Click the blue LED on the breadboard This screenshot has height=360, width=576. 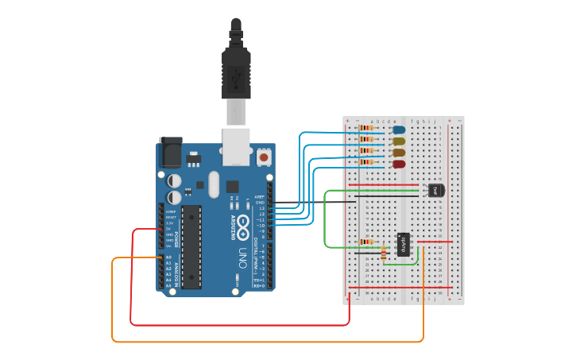click(399, 130)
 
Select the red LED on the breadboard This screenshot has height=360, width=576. click(399, 164)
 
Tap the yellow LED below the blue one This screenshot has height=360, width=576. click(399, 141)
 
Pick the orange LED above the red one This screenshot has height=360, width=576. click(399, 153)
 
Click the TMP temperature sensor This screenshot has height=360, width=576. click(435, 190)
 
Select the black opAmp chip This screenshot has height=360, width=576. click(404, 244)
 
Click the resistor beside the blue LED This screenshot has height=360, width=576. click(365, 127)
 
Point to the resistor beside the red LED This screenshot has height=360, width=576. click(365, 162)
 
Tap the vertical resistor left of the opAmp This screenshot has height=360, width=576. click(384, 253)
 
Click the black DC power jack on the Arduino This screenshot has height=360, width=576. click(170, 152)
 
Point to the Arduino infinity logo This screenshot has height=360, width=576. click(242, 228)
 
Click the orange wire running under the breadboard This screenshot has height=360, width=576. click(270, 342)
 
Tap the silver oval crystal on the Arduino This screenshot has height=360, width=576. click(213, 184)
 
